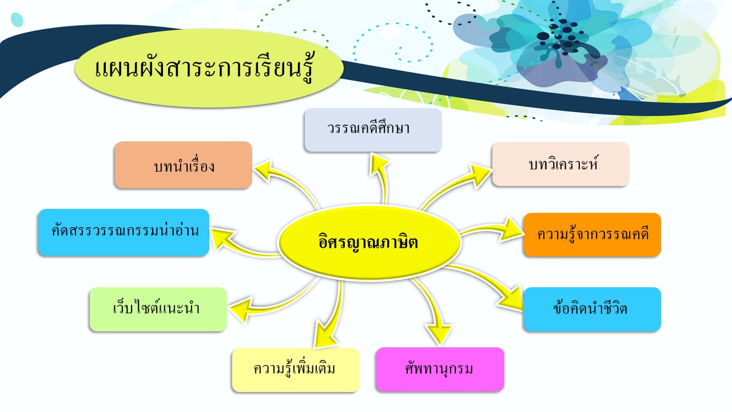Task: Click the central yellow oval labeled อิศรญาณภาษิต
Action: tap(369, 242)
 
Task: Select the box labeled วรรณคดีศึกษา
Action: tap(373, 130)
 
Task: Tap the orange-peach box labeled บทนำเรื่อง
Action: tap(184, 165)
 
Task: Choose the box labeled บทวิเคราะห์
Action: tap(561, 164)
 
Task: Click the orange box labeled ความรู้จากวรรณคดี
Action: tap(592, 235)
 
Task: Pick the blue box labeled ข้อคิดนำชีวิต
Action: tap(592, 310)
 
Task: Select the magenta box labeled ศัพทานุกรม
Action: tap(440, 370)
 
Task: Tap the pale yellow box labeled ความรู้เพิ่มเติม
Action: tap(296, 370)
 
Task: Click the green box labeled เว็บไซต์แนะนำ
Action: tap(158, 310)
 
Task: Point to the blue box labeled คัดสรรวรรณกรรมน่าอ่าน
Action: tap(124, 232)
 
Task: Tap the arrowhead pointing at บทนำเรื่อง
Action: tap(264, 170)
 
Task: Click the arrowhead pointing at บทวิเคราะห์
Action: tap(481, 175)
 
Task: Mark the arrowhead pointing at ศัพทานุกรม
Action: tap(439, 334)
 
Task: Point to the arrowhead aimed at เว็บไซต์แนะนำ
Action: tap(241, 310)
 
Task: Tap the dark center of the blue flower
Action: tap(562, 36)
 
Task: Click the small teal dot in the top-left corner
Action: tap(17, 19)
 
